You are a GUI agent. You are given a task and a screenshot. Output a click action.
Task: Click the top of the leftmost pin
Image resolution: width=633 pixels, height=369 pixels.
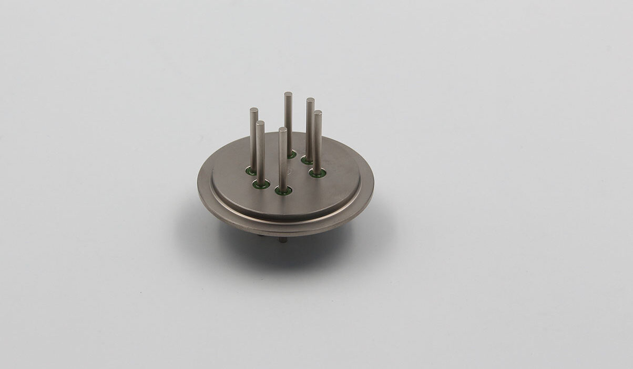pos(254,111)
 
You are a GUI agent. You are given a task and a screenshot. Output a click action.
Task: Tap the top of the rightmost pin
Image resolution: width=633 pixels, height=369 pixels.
pos(318,113)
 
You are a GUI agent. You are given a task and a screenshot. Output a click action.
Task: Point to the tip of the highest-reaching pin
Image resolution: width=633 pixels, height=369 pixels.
pos(288,95)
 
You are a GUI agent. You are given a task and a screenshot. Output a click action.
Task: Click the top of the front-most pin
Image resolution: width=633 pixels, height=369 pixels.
pos(283,129)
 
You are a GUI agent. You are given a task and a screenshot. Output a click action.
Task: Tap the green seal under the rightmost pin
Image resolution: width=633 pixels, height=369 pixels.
pos(317,173)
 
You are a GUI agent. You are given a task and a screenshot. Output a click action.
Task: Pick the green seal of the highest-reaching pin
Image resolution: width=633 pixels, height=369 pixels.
pos(292,155)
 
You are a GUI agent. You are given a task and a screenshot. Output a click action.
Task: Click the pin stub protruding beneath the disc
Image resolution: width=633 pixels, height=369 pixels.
pos(283,240)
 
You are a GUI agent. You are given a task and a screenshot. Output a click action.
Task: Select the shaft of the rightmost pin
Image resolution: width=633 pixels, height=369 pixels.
pos(318,142)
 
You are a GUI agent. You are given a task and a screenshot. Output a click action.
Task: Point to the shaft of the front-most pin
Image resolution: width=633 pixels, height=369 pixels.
pos(283,161)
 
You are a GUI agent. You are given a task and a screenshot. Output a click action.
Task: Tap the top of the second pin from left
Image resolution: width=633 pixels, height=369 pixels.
pos(260,123)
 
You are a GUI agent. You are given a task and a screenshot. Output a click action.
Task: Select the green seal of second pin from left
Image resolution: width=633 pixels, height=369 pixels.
pos(261,185)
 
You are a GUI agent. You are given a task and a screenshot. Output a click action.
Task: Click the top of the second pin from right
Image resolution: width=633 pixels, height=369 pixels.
pos(310,100)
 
